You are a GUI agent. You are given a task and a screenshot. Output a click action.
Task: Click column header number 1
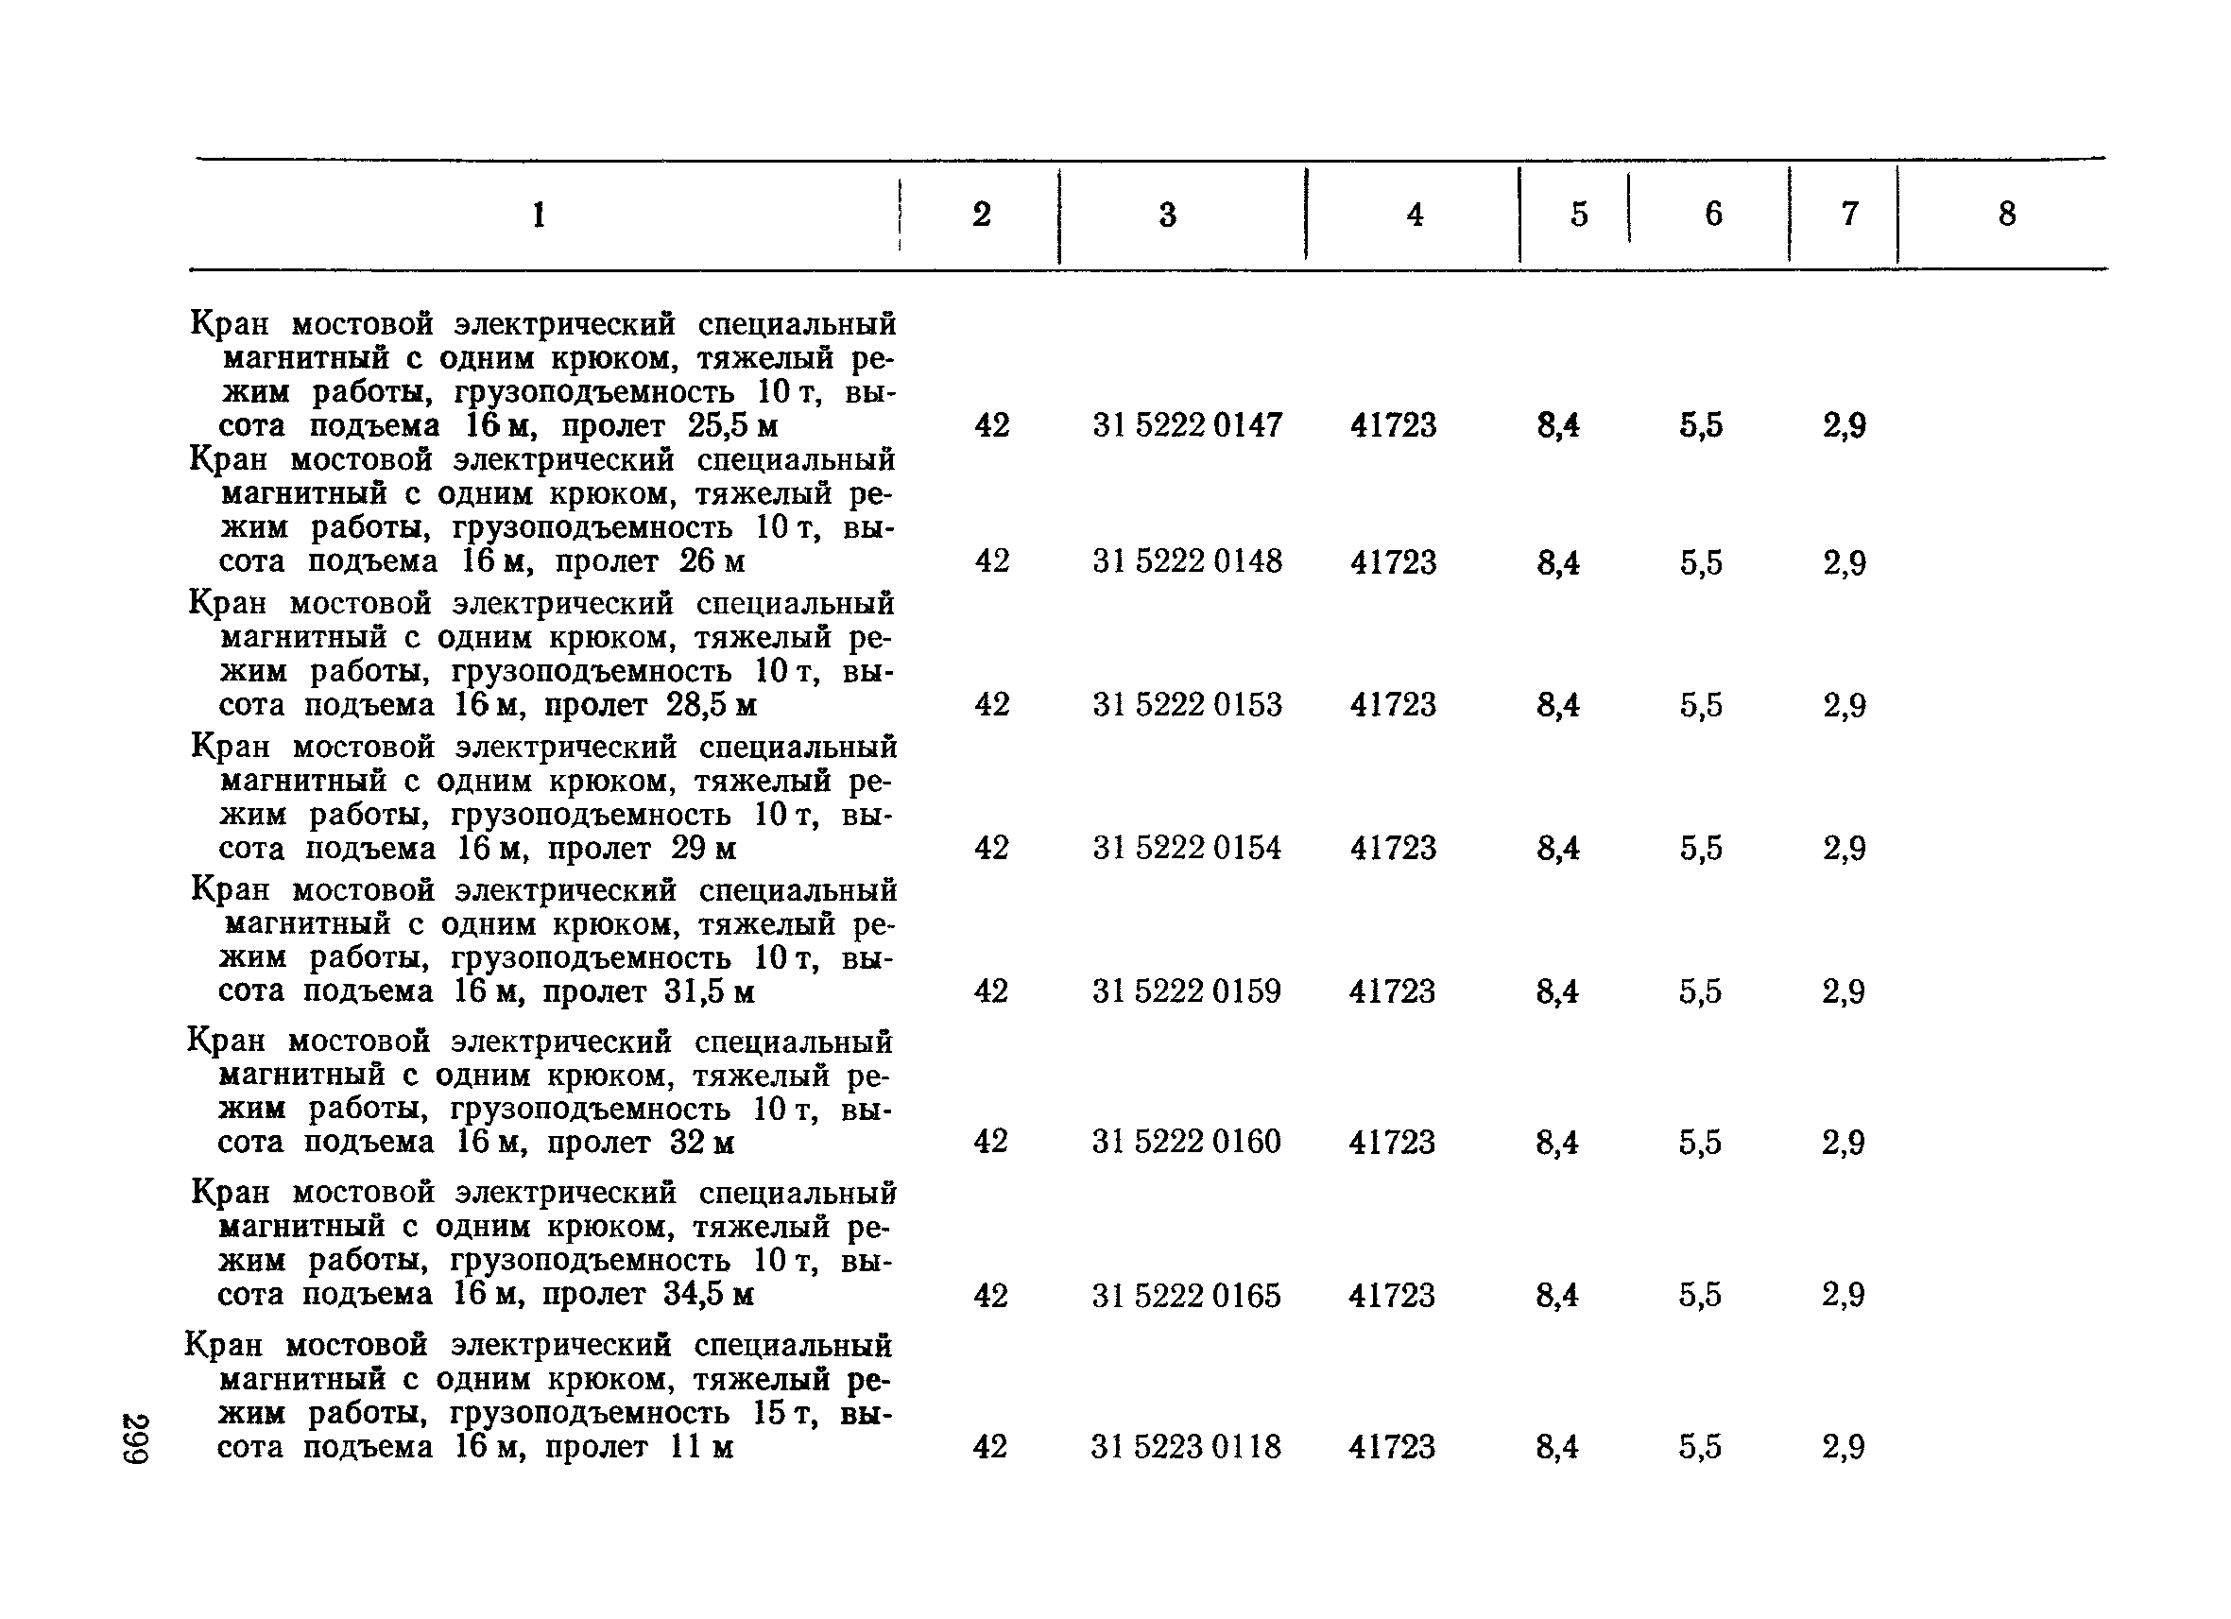[x=538, y=215]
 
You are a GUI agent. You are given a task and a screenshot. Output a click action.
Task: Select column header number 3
[x=1168, y=215]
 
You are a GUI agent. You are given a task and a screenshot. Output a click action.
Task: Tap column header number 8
[x=2007, y=214]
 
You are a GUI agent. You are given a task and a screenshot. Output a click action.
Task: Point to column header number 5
[x=1579, y=214]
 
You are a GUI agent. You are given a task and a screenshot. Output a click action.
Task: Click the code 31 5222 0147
[x=1187, y=425]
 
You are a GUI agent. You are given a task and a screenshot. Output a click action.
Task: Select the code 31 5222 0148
[x=1187, y=561]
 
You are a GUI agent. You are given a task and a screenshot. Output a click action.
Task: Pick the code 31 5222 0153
[x=1187, y=704]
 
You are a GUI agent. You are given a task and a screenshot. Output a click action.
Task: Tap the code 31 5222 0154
[x=1187, y=848]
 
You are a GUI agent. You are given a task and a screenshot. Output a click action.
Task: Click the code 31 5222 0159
[x=1186, y=990]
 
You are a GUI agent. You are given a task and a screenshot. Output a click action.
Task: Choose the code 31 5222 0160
[x=1186, y=1141]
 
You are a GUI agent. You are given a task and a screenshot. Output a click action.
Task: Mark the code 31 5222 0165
[x=1186, y=1296]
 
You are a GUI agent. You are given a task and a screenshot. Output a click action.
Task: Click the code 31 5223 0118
[x=1185, y=1446]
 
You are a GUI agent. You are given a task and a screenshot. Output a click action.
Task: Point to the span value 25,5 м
[x=732, y=426]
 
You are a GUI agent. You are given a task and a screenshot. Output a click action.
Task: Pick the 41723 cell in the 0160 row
[x=1392, y=1141]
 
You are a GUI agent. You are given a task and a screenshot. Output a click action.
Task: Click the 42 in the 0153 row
[x=991, y=704]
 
